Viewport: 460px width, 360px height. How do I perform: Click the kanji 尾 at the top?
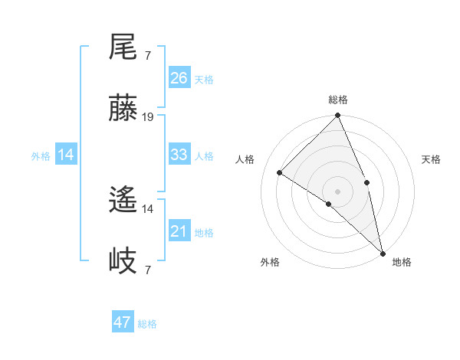click(123, 47)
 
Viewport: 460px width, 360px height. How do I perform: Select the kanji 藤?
click(123, 109)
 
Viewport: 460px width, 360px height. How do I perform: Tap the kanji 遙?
click(123, 201)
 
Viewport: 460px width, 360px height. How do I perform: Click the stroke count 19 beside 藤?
click(148, 117)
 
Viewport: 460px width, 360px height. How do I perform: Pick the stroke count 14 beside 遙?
click(148, 208)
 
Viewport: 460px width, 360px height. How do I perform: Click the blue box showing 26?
click(179, 78)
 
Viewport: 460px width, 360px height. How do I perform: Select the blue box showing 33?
click(179, 155)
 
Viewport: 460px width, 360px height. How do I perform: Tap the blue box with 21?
click(179, 231)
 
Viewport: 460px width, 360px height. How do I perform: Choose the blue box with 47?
click(123, 322)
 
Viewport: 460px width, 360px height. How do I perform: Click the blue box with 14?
click(66, 155)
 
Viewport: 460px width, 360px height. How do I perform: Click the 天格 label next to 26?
click(204, 79)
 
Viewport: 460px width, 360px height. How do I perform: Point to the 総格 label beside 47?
click(147, 324)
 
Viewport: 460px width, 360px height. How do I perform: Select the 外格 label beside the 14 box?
click(41, 155)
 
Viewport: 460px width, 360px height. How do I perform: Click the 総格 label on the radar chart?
click(338, 100)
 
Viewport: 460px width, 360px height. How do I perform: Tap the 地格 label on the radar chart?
click(402, 262)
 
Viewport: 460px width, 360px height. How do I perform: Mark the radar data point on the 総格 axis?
click(338, 116)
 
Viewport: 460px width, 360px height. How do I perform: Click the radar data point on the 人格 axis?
click(280, 172)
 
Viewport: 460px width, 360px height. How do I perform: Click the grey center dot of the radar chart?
click(338, 191)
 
